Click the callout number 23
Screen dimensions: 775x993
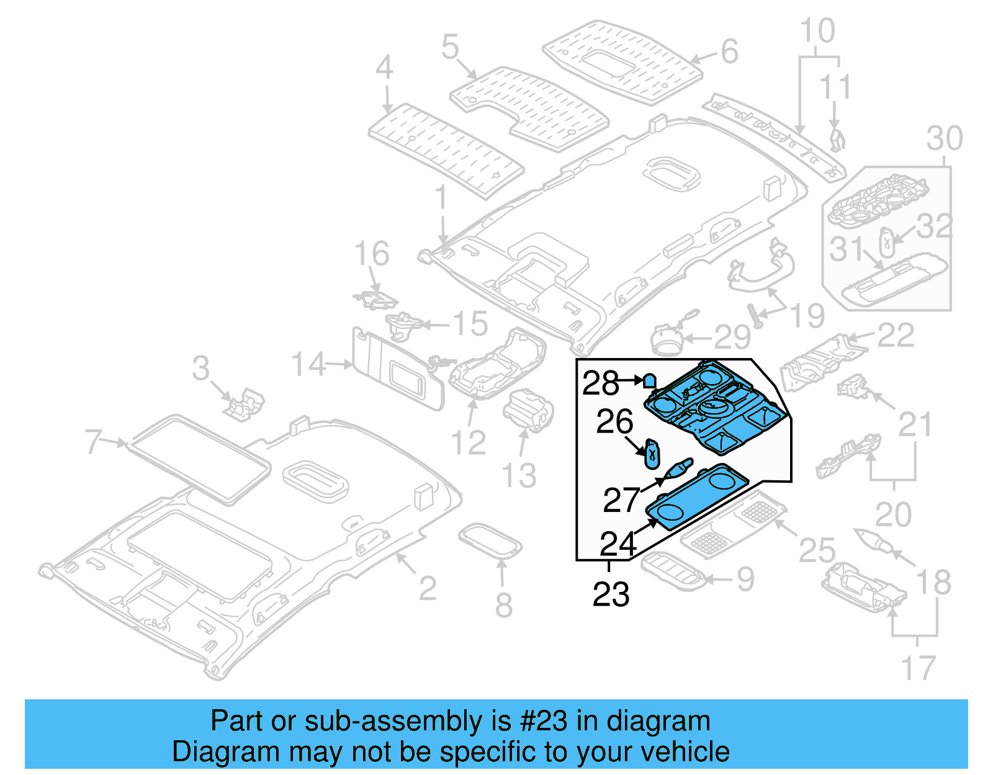(x=611, y=594)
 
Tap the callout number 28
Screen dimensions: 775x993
(x=600, y=383)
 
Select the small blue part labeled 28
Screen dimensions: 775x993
(x=649, y=381)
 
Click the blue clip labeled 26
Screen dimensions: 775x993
(x=652, y=452)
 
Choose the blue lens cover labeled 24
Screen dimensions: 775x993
(x=695, y=496)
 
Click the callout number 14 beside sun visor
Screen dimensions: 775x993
(x=308, y=364)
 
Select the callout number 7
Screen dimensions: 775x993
(x=94, y=441)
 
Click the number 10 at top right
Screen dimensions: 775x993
(x=817, y=31)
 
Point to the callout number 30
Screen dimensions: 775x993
(x=944, y=138)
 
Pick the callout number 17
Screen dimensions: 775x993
(x=917, y=668)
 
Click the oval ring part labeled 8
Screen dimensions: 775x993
(x=490, y=541)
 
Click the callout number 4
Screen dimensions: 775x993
(x=384, y=67)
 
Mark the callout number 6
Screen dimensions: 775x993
(x=729, y=52)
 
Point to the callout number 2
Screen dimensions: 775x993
(x=427, y=588)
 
